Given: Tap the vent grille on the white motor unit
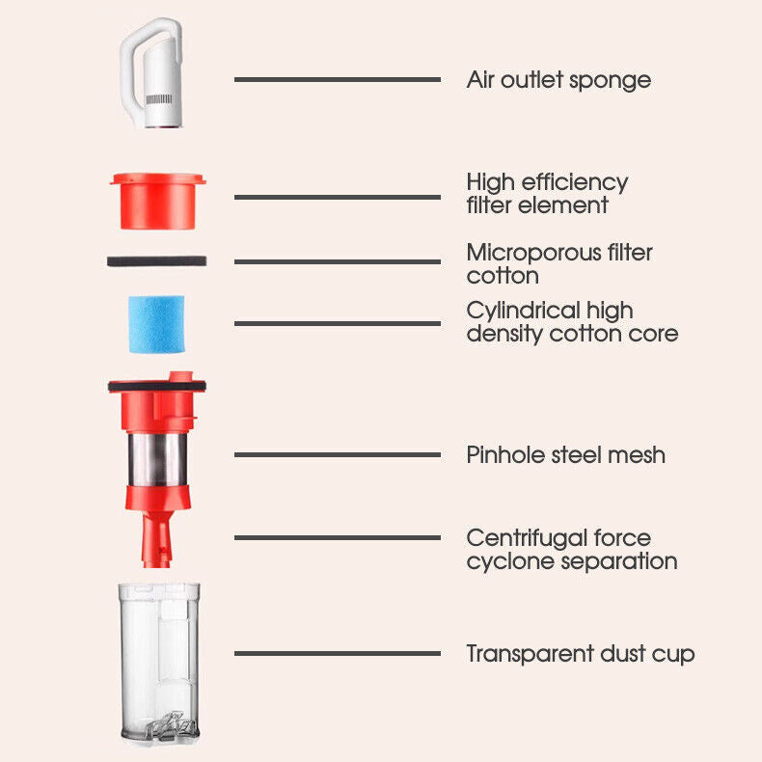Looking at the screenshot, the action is pyautogui.click(x=159, y=99).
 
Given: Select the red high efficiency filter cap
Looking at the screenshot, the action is pyautogui.click(x=157, y=201).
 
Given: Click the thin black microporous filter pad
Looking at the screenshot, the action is pyautogui.click(x=156, y=261).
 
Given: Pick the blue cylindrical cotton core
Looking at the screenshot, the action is pyautogui.click(x=156, y=324).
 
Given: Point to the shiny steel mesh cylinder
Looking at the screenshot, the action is pyautogui.click(x=157, y=459).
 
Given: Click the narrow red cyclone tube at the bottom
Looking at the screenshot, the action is pyautogui.click(x=157, y=539).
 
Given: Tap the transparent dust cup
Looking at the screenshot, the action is pyautogui.click(x=159, y=664).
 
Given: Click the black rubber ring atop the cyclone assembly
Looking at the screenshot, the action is pyautogui.click(x=157, y=387).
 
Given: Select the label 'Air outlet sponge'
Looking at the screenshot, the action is pyautogui.click(x=558, y=80).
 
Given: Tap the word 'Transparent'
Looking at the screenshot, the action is pyautogui.click(x=530, y=654).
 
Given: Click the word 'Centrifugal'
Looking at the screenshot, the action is pyautogui.click(x=526, y=537).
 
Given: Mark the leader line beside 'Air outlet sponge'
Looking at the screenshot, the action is pyautogui.click(x=338, y=79).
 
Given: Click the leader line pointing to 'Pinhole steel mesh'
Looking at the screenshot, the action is pyautogui.click(x=338, y=455).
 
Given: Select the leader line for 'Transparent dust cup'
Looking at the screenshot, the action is pyautogui.click(x=338, y=654).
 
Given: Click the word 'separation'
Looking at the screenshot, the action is pyautogui.click(x=619, y=562).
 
